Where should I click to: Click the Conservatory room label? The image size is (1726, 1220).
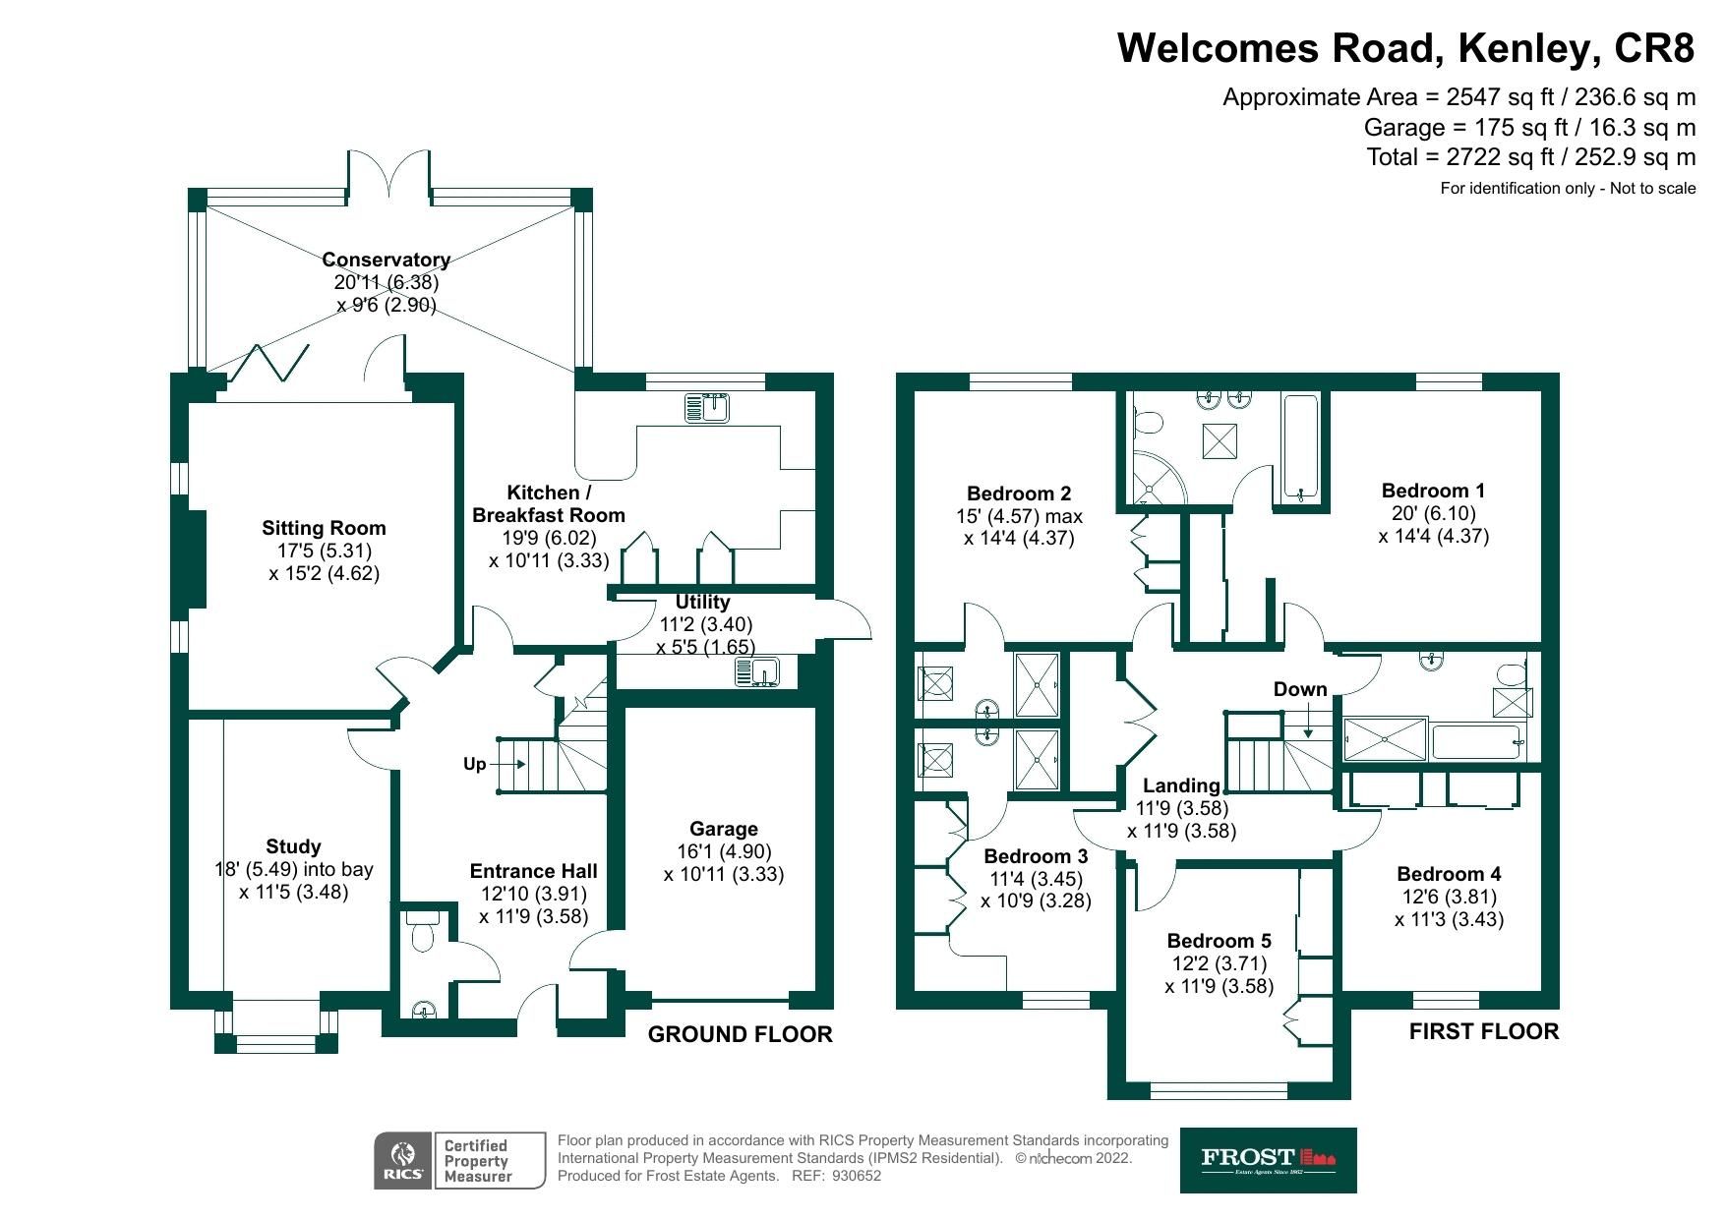pos(386,260)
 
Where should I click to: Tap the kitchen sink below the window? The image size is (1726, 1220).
pos(707,406)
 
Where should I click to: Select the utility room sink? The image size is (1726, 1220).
pos(756,672)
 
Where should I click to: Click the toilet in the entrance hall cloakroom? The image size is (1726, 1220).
pos(423,931)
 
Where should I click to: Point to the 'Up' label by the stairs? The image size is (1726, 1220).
pos(474,764)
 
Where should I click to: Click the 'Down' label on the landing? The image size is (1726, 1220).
pos(1299,689)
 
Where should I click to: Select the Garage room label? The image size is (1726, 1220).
pos(723,829)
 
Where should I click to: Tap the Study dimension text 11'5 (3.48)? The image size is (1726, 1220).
pos(293,893)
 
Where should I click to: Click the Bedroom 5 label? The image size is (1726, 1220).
pos(1219,941)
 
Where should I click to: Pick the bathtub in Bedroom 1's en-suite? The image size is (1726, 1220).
pos(1300,447)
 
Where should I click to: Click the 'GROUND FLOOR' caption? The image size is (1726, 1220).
pos(740,1034)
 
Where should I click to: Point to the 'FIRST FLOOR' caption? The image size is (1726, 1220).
pos(1483,1031)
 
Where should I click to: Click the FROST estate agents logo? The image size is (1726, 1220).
pos(1268,1160)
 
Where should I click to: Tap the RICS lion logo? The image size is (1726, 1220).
pos(402,1154)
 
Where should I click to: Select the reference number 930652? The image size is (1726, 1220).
pos(857,1175)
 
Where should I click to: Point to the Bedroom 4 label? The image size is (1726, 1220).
pos(1449,874)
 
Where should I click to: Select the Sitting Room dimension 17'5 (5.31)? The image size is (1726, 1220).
pos(324,551)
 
